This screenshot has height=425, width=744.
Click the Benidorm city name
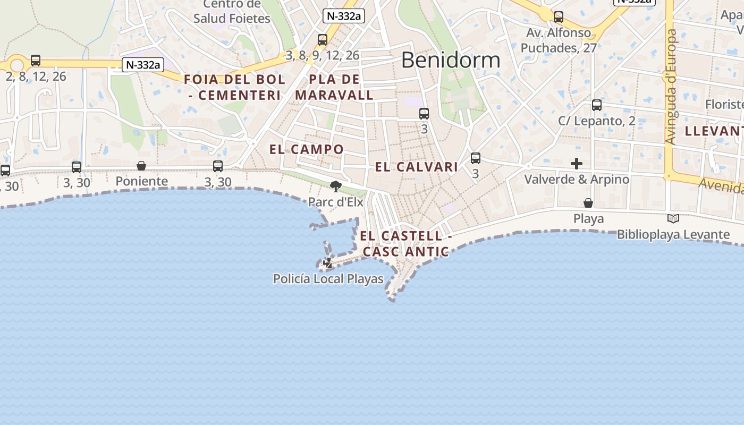tap(451, 60)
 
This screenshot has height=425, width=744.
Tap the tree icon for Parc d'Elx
tap(335, 186)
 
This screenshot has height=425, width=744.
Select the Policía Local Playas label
tap(328, 278)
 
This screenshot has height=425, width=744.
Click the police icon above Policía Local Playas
tap(328, 263)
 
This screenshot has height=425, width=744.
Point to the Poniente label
tap(141, 181)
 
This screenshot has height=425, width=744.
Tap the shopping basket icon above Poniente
tap(141, 166)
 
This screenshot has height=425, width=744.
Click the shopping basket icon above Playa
tap(588, 203)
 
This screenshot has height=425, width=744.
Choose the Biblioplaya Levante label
tap(673, 234)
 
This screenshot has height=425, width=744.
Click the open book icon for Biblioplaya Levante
tap(673, 218)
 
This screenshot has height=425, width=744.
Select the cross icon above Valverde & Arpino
tap(577, 164)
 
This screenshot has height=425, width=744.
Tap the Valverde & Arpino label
tap(577, 179)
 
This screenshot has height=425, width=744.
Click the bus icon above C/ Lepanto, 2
tap(597, 105)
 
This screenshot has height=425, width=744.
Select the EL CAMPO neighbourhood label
tap(307, 149)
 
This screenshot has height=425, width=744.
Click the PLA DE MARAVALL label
tap(334, 88)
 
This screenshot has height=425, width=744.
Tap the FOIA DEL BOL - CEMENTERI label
tap(234, 88)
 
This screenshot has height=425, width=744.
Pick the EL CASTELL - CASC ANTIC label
tap(406, 244)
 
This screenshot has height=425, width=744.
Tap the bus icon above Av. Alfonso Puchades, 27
tap(558, 17)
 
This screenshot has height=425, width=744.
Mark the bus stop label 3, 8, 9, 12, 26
tap(322, 55)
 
